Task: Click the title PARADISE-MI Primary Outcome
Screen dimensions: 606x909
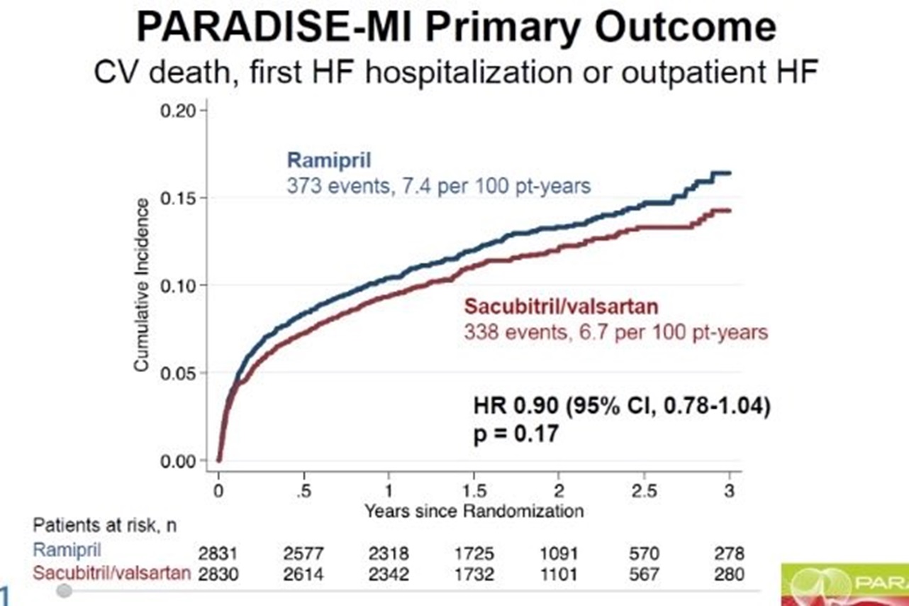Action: pyautogui.click(x=455, y=28)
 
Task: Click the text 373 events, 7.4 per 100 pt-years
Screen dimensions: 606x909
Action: pyautogui.click(x=438, y=186)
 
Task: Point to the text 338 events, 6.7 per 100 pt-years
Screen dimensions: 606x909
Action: pyautogui.click(x=616, y=331)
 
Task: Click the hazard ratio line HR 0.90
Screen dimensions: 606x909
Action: pyautogui.click(x=621, y=407)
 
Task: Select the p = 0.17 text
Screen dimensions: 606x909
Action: pyautogui.click(x=515, y=433)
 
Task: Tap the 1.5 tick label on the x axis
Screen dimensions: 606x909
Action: pyautogui.click(x=474, y=492)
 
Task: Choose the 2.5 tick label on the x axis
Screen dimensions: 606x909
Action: pyautogui.click(x=644, y=492)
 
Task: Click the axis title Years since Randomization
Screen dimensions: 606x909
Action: pyautogui.click(x=474, y=510)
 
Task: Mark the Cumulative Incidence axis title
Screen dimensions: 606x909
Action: pyautogui.click(x=142, y=284)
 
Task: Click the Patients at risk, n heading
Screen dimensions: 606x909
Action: pyautogui.click(x=104, y=526)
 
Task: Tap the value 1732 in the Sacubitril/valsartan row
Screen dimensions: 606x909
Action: pyautogui.click(x=474, y=573)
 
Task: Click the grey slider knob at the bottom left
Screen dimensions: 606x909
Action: pyautogui.click(x=64, y=590)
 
